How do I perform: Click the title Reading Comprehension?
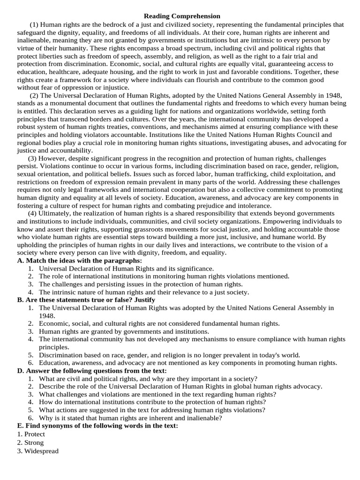coord(175,16)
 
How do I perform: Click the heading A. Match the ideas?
coord(79,261)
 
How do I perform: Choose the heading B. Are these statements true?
coord(86,300)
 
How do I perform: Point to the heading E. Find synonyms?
coord(97,426)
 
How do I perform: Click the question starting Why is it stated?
coord(130,418)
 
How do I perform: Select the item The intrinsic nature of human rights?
coord(144,292)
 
